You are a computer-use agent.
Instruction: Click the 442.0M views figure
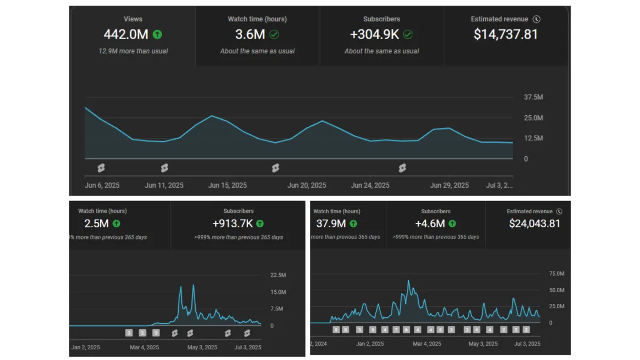[126, 35]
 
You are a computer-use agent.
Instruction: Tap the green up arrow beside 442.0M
[157, 35]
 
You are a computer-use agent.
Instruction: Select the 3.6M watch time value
[250, 35]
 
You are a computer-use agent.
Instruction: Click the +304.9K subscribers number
[374, 35]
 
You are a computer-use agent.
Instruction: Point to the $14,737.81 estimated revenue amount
[506, 35]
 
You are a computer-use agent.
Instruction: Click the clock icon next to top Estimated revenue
[537, 19]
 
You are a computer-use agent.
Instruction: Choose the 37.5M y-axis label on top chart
[533, 98]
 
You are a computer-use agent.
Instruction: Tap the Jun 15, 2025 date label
[227, 186]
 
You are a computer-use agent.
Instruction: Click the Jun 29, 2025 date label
[450, 186]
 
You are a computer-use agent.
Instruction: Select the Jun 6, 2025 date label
[102, 186]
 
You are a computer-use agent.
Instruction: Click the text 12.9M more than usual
[133, 51]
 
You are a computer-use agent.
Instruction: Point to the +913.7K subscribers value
[233, 223]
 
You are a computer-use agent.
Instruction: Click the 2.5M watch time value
[96, 223]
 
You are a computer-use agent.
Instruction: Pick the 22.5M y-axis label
[278, 275]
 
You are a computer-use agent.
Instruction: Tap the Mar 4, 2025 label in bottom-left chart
[145, 347]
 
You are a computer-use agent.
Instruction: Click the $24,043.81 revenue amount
[534, 223]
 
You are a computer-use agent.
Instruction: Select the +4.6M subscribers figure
[430, 223]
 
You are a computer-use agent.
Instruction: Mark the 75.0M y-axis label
[556, 274]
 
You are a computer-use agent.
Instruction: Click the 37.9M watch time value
[331, 223]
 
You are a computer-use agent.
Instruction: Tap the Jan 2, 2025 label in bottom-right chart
[370, 344]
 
